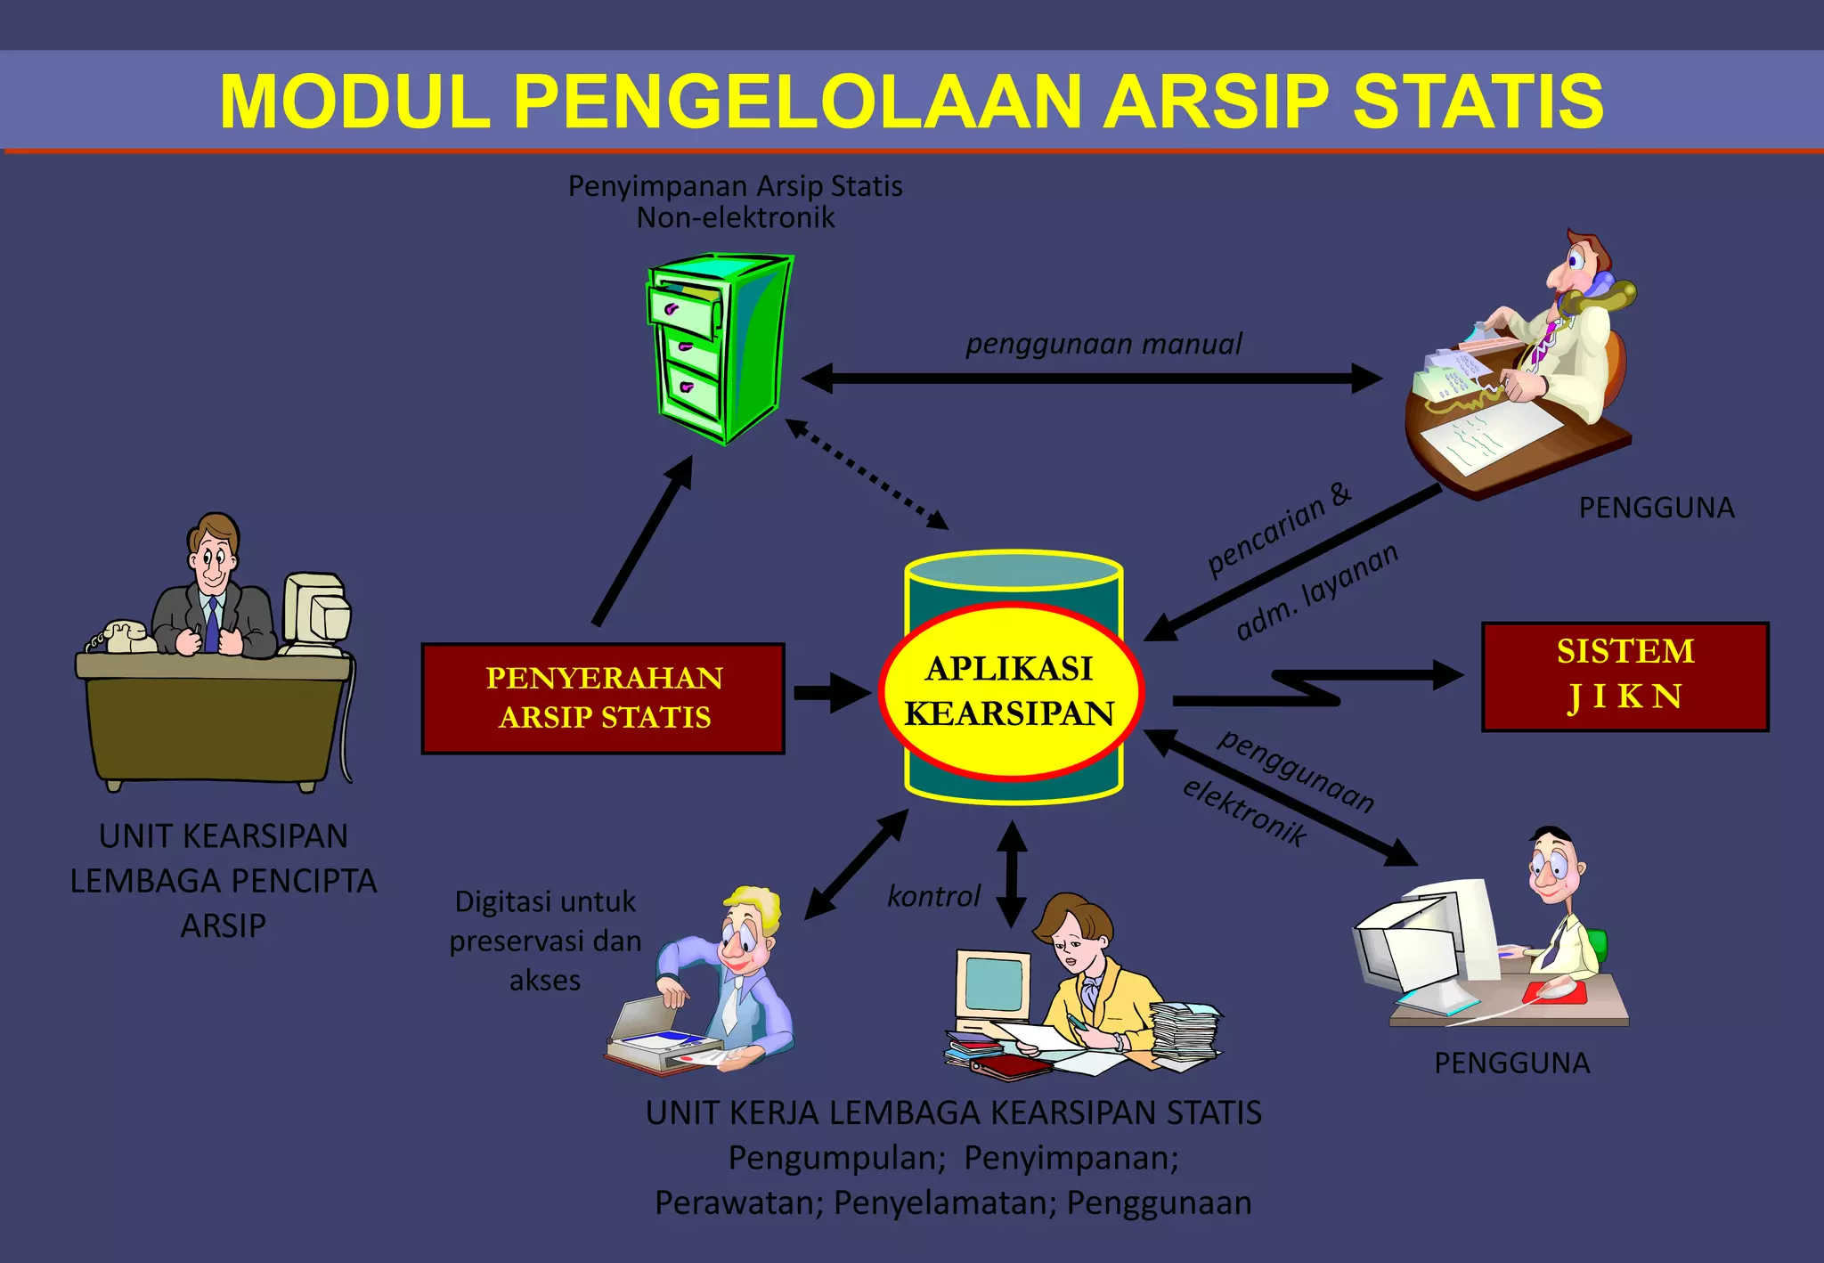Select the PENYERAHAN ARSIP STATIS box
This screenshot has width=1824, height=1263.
pyautogui.click(x=603, y=698)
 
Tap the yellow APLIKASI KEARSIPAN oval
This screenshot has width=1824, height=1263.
pyautogui.click(x=1010, y=691)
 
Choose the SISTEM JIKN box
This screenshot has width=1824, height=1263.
pyautogui.click(x=1624, y=676)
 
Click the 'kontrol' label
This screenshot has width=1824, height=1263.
pyautogui.click(x=933, y=896)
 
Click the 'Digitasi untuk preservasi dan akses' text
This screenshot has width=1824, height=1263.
pyautogui.click(x=545, y=941)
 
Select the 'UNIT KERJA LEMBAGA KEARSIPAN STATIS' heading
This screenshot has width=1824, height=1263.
pyautogui.click(x=953, y=1113)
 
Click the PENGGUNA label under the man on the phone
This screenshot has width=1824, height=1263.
pyautogui.click(x=1656, y=508)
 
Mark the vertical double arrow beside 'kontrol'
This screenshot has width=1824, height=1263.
pyautogui.click(x=1012, y=874)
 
